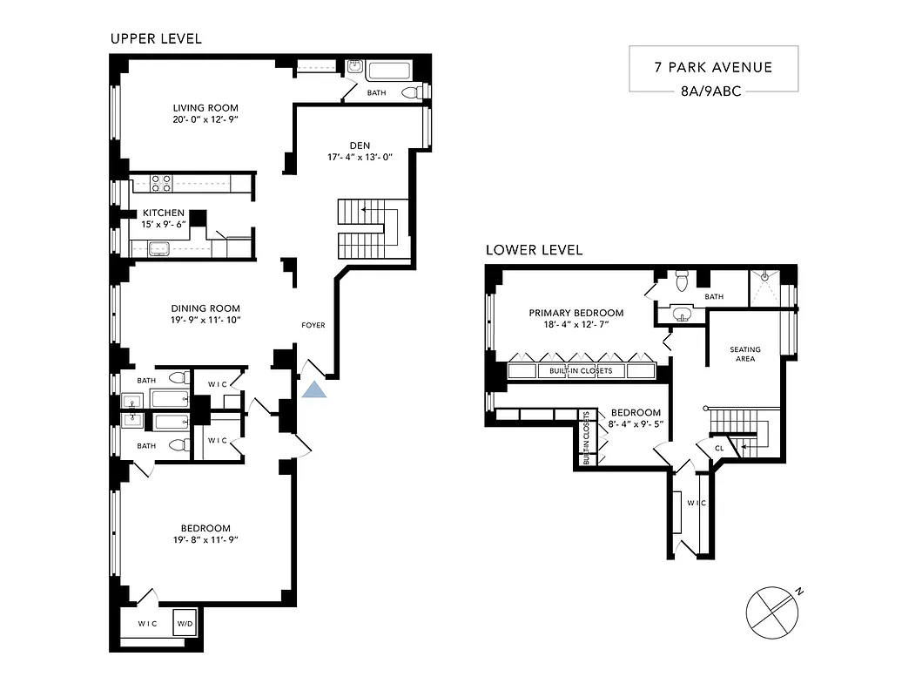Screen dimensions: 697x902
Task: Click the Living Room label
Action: click(205, 108)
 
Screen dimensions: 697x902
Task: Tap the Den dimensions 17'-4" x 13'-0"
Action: click(355, 157)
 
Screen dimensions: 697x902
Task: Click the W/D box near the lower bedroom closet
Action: click(185, 623)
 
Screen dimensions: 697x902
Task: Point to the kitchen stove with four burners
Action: click(161, 183)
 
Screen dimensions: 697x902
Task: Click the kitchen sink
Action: click(159, 248)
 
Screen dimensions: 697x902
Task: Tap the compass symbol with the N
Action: click(771, 607)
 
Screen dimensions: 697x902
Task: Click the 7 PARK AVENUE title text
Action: click(713, 67)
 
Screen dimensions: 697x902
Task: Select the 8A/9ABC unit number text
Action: click(712, 90)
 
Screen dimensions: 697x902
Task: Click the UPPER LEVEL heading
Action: click(156, 38)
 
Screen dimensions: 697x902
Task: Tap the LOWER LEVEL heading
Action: click(534, 250)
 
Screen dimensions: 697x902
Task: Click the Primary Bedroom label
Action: click(576, 313)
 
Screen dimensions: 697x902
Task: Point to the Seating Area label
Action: click(744, 354)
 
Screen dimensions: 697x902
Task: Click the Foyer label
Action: click(313, 325)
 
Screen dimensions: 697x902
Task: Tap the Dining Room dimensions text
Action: click(205, 320)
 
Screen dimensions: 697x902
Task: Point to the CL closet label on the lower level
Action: click(719, 449)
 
